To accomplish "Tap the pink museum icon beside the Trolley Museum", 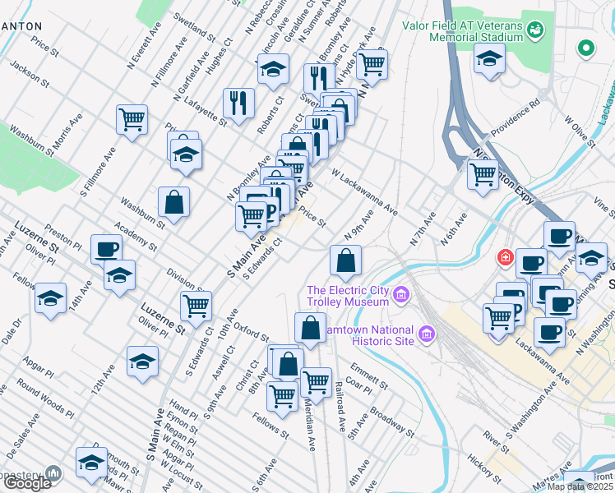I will pyautogui.click(x=401, y=294).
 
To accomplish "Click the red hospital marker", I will pyautogui.click(x=503, y=257).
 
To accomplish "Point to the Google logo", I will pyautogui.click(x=26, y=483).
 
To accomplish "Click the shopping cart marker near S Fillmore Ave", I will pyautogui.click(x=132, y=120).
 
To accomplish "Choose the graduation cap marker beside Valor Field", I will pyautogui.click(x=490, y=59).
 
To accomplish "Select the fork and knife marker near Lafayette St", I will pyautogui.click(x=238, y=103).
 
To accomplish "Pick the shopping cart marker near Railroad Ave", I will pyautogui.click(x=316, y=382).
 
